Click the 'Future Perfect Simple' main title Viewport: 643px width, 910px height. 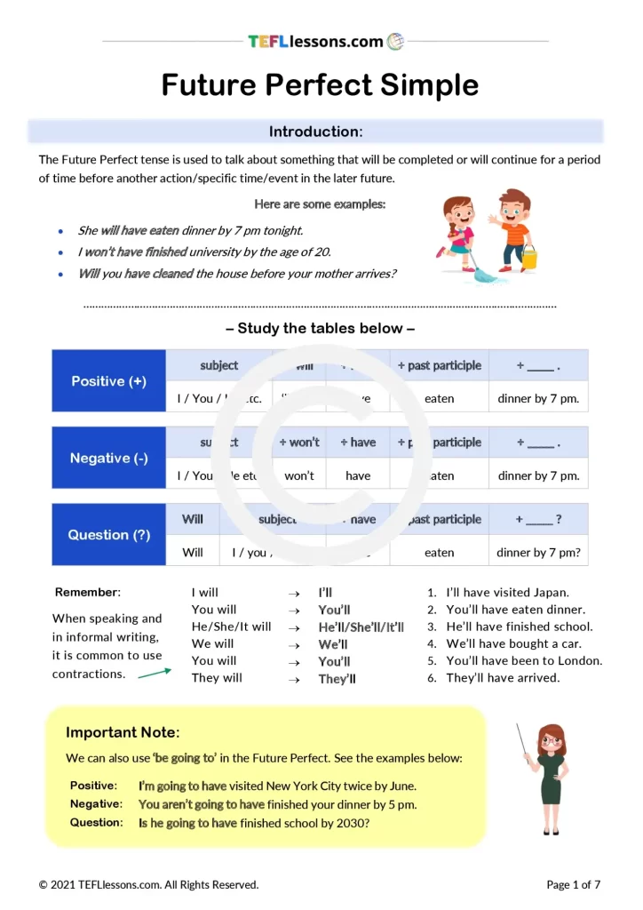pyautogui.click(x=320, y=85)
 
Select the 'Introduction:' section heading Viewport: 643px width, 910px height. pyautogui.click(x=315, y=132)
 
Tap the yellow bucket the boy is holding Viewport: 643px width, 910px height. pyautogui.click(x=528, y=259)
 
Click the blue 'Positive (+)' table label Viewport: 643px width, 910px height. pyautogui.click(x=109, y=381)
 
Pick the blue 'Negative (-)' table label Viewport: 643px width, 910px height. pyautogui.click(x=109, y=459)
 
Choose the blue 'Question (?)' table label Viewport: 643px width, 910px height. pyautogui.click(x=109, y=535)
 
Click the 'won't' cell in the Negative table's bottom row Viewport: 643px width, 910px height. pyautogui.click(x=299, y=475)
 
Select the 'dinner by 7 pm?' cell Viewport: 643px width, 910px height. pyautogui.click(x=538, y=552)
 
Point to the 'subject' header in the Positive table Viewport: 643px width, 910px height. pyautogui.click(x=219, y=365)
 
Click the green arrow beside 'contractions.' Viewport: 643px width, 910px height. pyautogui.click(x=155, y=673)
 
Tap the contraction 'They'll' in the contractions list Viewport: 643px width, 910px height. pyautogui.click(x=337, y=679)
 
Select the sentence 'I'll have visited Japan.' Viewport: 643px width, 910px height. pyautogui.click(x=507, y=593)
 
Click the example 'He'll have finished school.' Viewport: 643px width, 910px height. pyautogui.click(x=519, y=627)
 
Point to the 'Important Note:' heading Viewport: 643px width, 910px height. pyautogui.click(x=123, y=732)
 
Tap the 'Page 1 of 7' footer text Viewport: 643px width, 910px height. pyautogui.click(x=574, y=884)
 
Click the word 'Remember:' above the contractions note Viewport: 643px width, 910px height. pyautogui.click(x=88, y=593)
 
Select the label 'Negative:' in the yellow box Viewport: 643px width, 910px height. pyautogui.click(x=96, y=804)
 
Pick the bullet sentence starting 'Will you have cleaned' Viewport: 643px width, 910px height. pyautogui.click(x=237, y=274)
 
